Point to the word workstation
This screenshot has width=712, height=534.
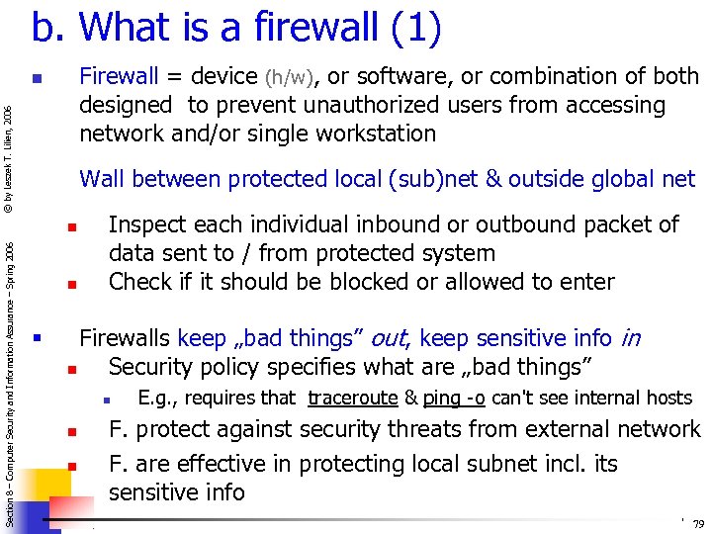point(379,133)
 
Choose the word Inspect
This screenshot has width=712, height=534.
point(145,225)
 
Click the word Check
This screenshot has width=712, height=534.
point(139,282)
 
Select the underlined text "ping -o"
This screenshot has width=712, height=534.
point(454,399)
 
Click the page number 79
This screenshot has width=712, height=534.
point(698,524)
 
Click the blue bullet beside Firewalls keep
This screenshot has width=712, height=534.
point(36,339)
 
